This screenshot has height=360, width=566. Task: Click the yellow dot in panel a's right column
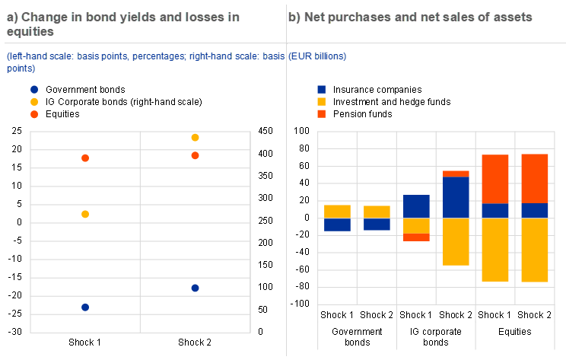[195, 138]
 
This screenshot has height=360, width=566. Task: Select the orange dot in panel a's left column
[85, 158]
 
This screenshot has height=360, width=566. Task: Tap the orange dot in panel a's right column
[195, 156]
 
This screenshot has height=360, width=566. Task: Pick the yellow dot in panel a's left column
[85, 215]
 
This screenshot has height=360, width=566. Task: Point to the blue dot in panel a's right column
[195, 288]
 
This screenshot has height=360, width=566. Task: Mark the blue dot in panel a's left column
[85, 307]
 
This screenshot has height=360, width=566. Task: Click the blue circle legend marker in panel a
[34, 89]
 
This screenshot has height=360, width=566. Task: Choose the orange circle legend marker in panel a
[34, 114]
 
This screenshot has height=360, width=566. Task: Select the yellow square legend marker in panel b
[322, 101]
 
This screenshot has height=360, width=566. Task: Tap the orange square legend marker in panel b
[322, 114]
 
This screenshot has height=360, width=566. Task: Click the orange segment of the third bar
[417, 237]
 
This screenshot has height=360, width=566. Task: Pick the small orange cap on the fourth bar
[456, 174]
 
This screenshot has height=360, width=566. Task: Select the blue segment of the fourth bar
[456, 197]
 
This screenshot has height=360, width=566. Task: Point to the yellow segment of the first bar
[338, 212]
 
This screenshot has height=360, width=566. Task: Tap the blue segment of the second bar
[377, 225]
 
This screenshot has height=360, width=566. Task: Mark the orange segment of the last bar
[536, 179]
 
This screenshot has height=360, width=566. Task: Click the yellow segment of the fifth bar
[496, 250]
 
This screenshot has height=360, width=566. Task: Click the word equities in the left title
[30, 32]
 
